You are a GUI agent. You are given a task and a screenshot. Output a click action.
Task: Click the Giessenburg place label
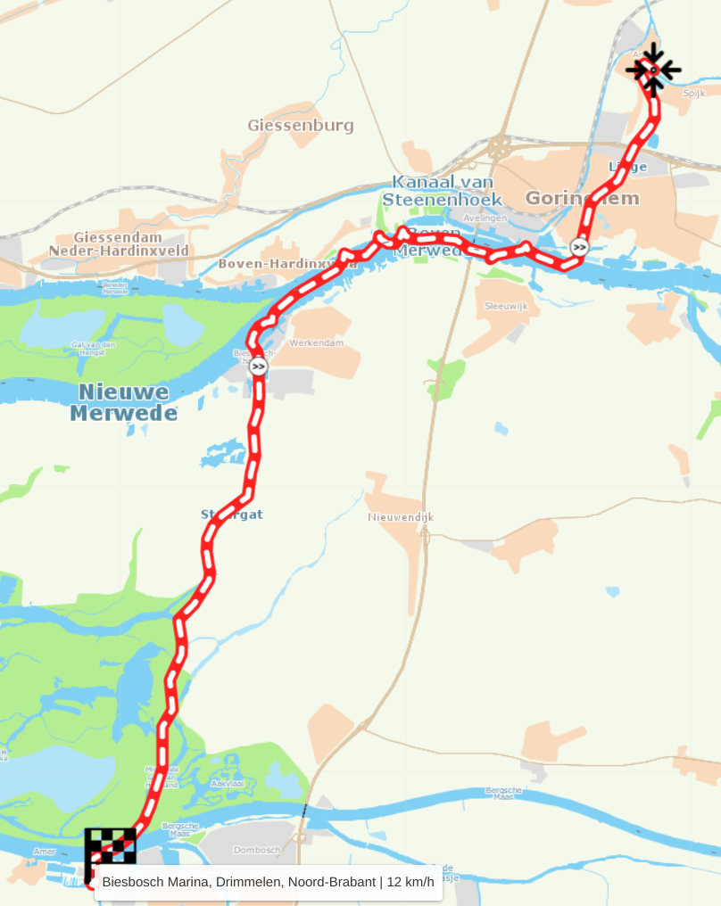click(301, 126)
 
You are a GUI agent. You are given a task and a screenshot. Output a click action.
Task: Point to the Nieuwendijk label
click(400, 517)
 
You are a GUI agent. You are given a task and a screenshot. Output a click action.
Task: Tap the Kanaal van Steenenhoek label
click(443, 191)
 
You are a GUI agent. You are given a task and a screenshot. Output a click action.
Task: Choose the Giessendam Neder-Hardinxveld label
click(119, 244)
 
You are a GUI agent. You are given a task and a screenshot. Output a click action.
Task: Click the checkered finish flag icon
click(111, 845)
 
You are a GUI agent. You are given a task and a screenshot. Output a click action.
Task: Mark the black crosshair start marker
click(653, 69)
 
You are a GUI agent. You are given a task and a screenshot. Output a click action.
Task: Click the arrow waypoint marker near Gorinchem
click(580, 247)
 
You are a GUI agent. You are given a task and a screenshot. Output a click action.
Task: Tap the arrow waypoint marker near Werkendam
click(259, 367)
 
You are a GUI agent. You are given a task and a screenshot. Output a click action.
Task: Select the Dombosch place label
click(257, 850)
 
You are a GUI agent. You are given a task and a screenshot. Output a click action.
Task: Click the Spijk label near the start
click(693, 93)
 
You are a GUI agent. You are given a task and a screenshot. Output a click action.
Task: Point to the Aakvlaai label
click(227, 783)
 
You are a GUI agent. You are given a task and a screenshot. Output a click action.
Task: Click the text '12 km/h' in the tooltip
click(411, 883)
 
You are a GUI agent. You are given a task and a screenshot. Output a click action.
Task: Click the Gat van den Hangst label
click(94, 348)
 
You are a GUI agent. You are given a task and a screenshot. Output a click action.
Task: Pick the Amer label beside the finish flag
click(45, 852)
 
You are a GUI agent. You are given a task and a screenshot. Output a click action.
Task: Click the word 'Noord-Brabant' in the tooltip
click(329, 883)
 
